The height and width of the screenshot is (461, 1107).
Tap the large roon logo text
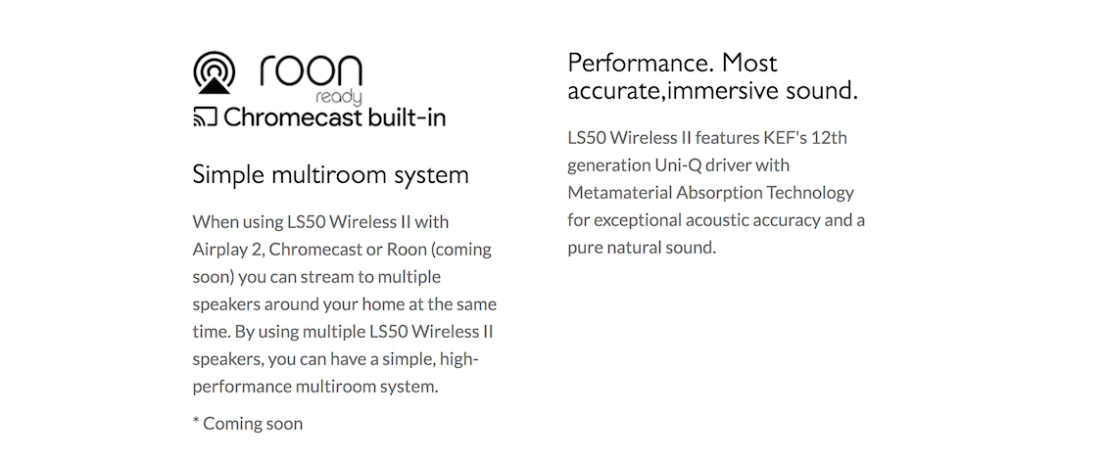(312, 71)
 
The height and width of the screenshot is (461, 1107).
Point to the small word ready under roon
(339, 97)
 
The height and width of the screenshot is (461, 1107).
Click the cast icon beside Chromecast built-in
(204, 117)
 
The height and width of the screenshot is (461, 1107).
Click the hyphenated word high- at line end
(458, 359)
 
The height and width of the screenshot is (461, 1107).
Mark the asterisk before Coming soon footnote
(196, 422)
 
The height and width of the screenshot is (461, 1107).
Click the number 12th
(829, 137)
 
